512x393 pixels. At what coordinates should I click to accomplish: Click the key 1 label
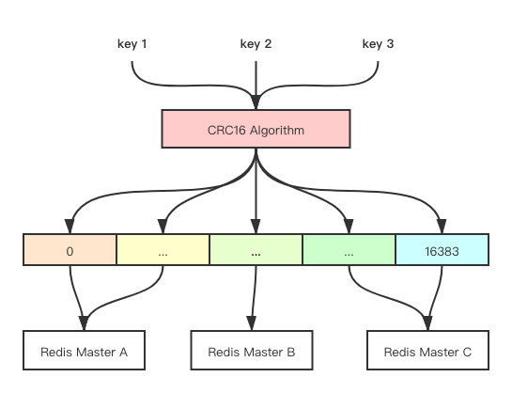click(x=132, y=44)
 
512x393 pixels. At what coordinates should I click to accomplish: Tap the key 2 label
click(x=256, y=44)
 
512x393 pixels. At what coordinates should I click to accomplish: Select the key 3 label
click(x=378, y=44)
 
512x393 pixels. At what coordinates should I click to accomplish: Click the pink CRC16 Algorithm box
click(x=256, y=129)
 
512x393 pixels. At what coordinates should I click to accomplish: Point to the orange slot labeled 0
click(x=70, y=249)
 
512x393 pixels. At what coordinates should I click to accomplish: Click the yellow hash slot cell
click(x=163, y=249)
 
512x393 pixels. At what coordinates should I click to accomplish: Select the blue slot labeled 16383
click(x=442, y=249)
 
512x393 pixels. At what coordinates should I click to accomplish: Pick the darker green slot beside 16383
click(x=349, y=249)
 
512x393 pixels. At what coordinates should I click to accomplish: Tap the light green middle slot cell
click(x=256, y=249)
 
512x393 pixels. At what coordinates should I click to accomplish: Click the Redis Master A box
click(x=84, y=350)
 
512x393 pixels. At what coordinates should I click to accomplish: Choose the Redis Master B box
click(x=252, y=350)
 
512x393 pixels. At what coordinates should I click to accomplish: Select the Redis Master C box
click(x=427, y=350)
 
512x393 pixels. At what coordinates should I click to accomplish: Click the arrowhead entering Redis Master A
click(x=84, y=323)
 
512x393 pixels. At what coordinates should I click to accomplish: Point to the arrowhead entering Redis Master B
click(x=252, y=323)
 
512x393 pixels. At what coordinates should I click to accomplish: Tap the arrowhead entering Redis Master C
click(x=427, y=323)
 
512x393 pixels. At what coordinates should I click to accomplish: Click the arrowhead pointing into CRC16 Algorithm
click(x=256, y=102)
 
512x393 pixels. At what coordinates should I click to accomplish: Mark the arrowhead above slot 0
click(x=70, y=227)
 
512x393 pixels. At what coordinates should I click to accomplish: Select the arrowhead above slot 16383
click(x=442, y=227)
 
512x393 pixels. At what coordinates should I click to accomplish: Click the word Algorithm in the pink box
click(x=277, y=131)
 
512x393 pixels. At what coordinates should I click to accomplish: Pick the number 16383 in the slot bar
click(x=442, y=252)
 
